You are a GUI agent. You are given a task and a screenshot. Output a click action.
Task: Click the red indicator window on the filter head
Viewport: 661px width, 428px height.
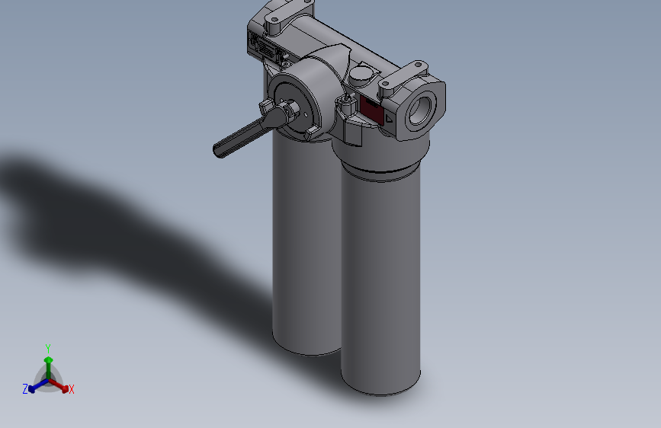click(371, 111)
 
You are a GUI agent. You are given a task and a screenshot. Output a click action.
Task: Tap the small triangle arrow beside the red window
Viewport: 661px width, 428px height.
click(388, 119)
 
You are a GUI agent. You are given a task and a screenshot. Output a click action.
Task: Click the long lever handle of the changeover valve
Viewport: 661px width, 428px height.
click(240, 138)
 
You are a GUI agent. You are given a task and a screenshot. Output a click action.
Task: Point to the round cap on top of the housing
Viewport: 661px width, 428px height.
click(361, 74)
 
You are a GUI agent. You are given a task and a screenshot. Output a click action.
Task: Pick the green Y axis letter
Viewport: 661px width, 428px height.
click(48, 347)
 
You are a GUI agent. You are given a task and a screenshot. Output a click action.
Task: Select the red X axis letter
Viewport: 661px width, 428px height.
click(72, 389)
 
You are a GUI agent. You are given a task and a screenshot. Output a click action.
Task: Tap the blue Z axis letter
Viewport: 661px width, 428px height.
click(25, 389)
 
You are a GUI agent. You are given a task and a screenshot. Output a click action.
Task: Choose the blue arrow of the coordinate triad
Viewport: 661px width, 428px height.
click(34, 387)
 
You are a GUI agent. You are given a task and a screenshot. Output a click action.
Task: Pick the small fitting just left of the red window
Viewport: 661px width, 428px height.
click(345, 105)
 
